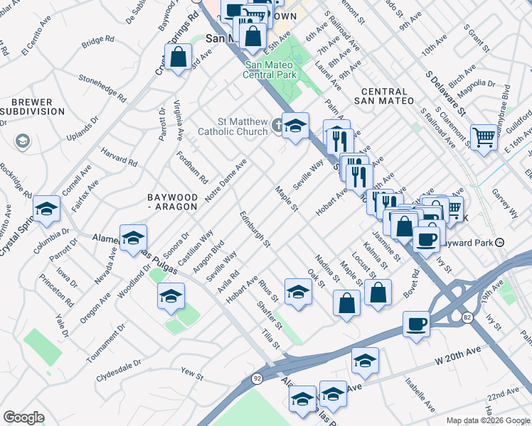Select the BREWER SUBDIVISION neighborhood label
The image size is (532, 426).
click(x=33, y=107)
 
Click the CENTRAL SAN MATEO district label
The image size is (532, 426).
click(x=387, y=97)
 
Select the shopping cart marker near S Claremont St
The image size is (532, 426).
click(x=484, y=136)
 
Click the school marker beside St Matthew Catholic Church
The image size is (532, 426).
click(x=295, y=126)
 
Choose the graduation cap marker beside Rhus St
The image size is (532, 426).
click(x=298, y=291)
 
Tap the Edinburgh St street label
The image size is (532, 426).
click(x=255, y=229)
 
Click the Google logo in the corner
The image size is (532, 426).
click(x=23, y=417)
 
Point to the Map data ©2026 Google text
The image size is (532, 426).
click(x=487, y=420)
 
